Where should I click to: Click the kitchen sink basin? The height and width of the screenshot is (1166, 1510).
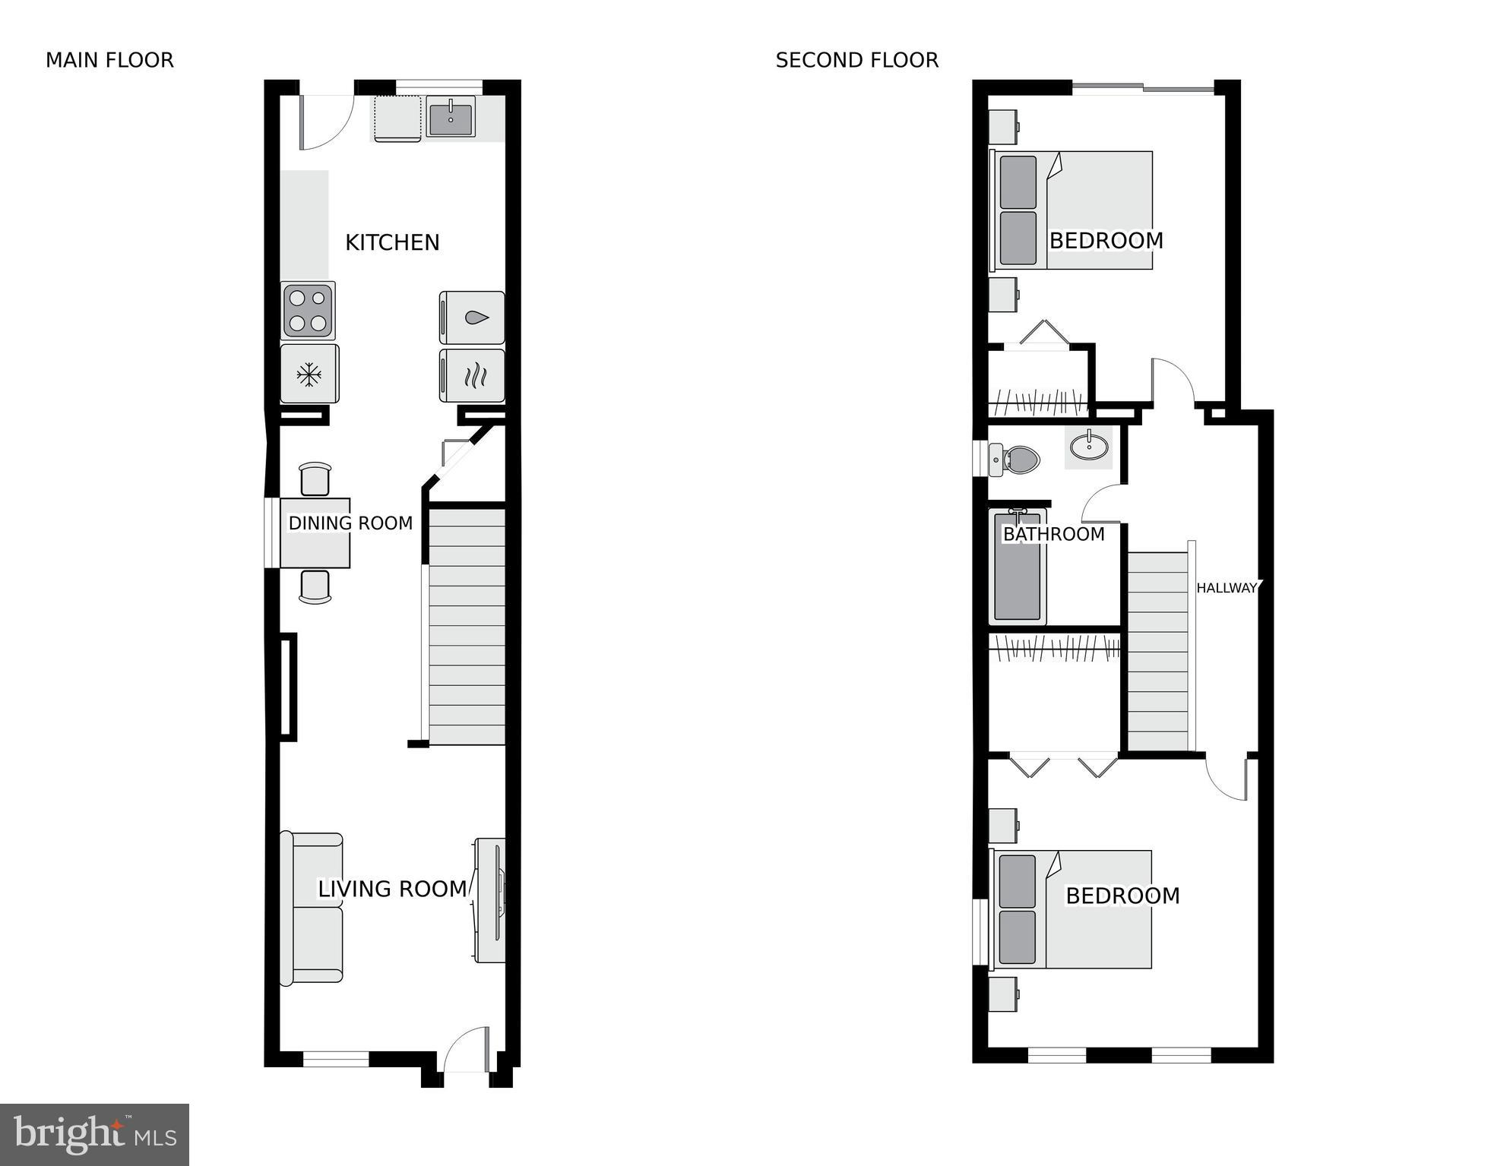pyautogui.click(x=451, y=118)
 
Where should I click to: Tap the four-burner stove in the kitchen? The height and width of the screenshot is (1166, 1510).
pyautogui.click(x=308, y=311)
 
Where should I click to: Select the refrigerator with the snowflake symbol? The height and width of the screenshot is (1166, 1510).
pyautogui.click(x=309, y=374)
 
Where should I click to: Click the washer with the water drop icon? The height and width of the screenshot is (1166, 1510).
pyautogui.click(x=473, y=318)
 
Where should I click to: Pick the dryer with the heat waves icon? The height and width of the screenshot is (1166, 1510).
pyautogui.click(x=473, y=376)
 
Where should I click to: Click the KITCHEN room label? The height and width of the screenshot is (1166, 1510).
pyautogui.click(x=392, y=242)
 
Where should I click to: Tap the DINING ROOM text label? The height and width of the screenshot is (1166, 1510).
pyautogui.click(x=350, y=523)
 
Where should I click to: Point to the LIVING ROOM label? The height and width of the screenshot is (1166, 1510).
pyautogui.click(x=392, y=889)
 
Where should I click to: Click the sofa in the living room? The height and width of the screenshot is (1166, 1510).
pyautogui.click(x=312, y=908)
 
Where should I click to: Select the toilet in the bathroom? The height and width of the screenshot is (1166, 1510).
pyautogui.click(x=1016, y=460)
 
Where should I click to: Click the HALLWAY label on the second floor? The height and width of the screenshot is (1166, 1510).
pyautogui.click(x=1227, y=588)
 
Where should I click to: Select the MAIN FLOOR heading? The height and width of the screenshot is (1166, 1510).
pyautogui.click(x=109, y=60)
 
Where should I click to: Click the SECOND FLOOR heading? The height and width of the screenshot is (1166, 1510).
pyautogui.click(x=856, y=60)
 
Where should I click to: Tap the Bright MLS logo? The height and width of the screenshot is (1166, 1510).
pyautogui.click(x=94, y=1134)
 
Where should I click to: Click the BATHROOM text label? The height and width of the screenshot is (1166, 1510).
pyautogui.click(x=1053, y=534)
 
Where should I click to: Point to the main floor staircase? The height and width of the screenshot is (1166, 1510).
pyautogui.click(x=467, y=627)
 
